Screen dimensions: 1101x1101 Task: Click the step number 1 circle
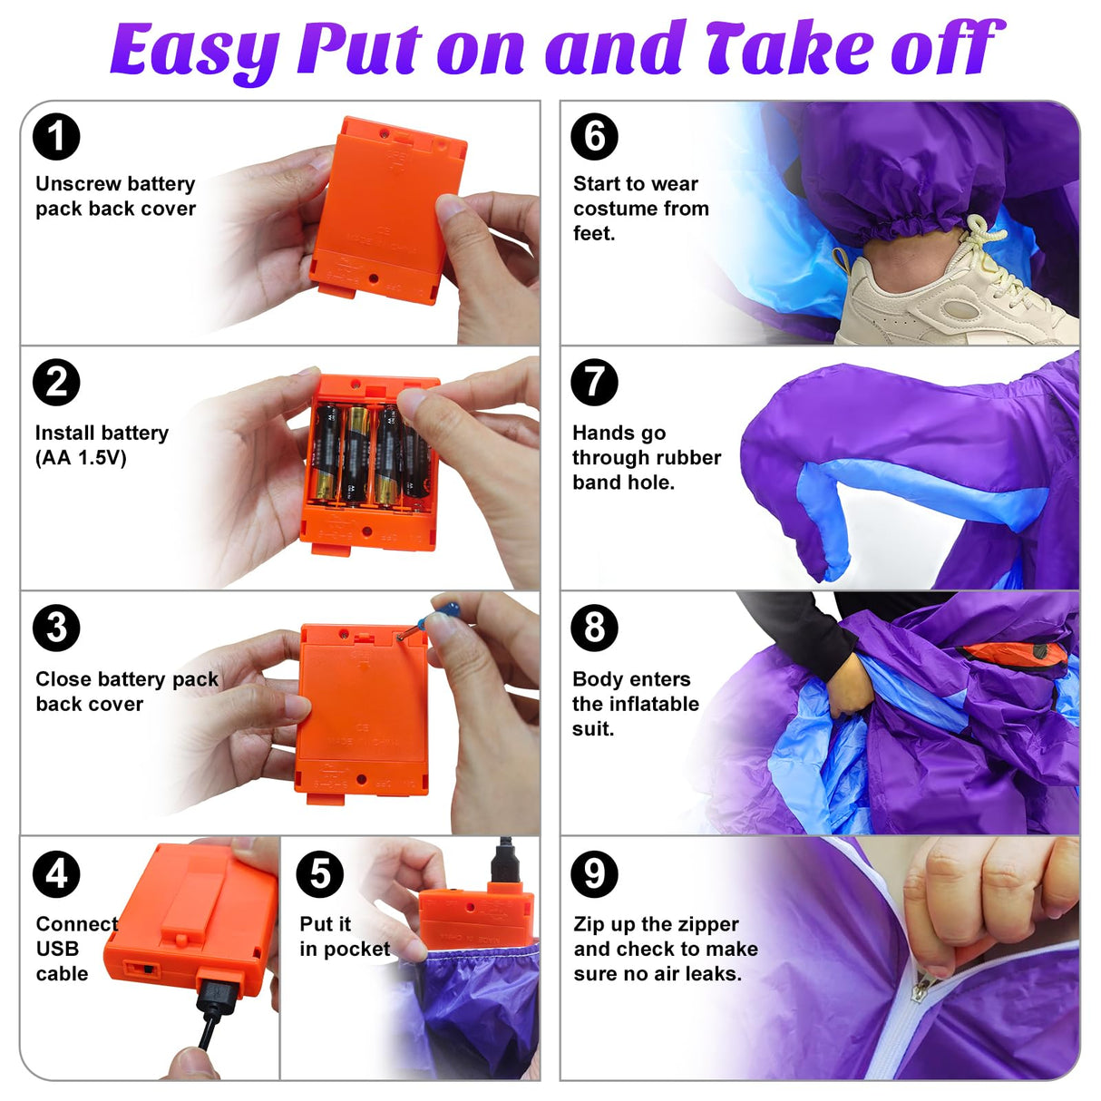[56, 137]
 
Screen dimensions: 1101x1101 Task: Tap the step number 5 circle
[319, 874]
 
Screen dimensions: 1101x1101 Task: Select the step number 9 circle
[594, 874]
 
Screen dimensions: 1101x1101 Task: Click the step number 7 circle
[594, 382]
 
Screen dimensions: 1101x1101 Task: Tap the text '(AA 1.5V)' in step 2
[81, 458]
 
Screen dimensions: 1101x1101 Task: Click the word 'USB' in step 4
[57, 949]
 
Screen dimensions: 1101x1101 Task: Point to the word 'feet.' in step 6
[594, 233]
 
